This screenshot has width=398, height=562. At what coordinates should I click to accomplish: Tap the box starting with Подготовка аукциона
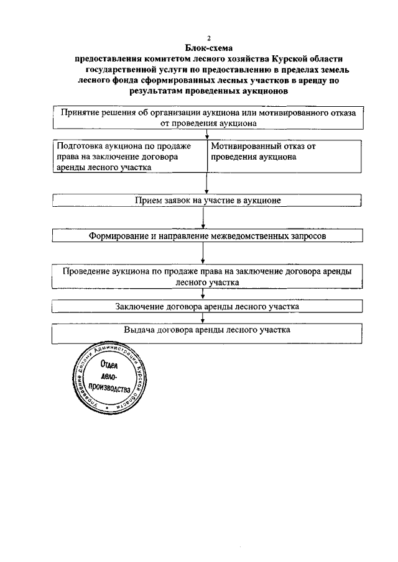[x=129, y=156]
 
